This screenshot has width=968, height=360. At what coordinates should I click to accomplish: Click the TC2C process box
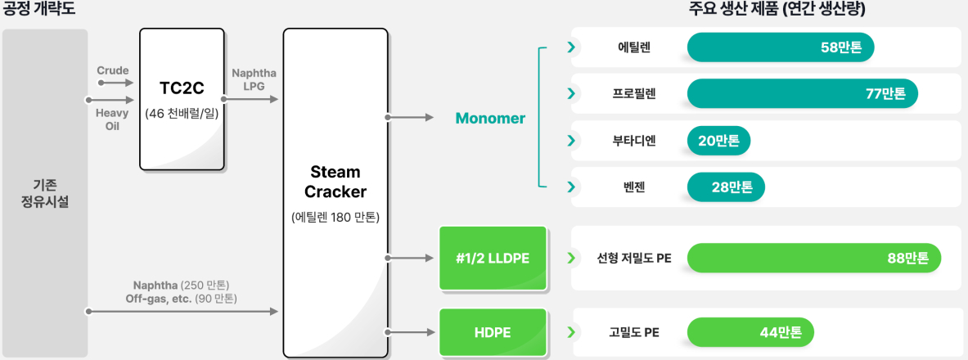182,99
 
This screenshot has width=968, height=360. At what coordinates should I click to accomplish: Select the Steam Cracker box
335,193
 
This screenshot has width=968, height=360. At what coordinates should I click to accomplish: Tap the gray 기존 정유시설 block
45,193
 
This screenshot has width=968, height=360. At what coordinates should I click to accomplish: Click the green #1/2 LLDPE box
493,258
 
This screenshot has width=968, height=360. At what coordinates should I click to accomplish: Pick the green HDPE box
493,333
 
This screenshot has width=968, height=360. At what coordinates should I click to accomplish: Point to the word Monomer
490,118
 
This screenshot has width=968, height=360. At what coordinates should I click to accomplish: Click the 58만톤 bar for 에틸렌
781,47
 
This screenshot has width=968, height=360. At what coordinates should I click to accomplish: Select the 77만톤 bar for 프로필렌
803,94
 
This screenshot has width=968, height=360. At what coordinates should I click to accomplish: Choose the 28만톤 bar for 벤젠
726,187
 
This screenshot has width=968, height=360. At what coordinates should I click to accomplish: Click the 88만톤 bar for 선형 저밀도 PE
814,258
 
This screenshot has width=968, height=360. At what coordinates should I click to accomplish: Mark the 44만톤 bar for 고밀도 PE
750,332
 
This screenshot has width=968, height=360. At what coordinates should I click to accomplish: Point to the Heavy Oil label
113,120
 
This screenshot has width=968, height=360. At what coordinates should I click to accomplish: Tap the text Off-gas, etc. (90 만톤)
181,299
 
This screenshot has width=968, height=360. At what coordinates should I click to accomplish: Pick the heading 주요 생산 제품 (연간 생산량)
776,9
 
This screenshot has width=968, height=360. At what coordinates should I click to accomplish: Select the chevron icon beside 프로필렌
571,94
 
